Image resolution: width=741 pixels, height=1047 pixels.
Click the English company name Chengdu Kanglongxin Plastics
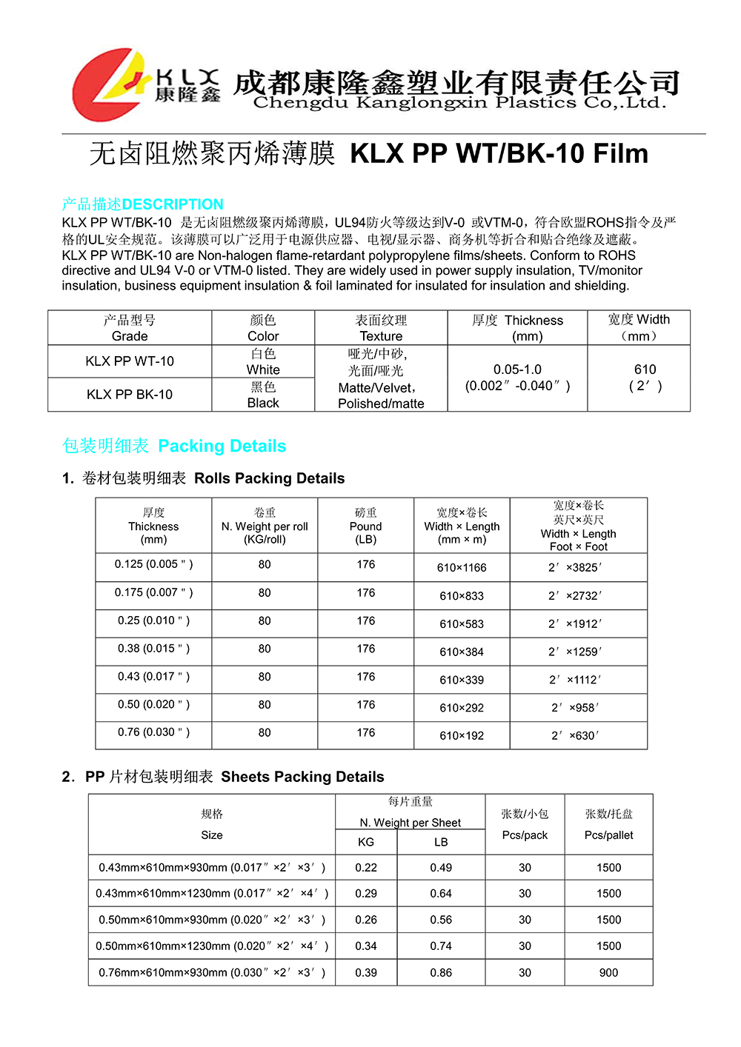click(459, 104)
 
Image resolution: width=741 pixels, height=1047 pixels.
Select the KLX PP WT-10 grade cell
click(130, 361)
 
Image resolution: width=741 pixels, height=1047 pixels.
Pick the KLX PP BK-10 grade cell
click(130, 395)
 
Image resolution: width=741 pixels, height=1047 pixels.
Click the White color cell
click(263, 362)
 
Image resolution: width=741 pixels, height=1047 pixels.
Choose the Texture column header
click(381, 328)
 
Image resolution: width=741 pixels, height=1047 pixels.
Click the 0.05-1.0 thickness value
click(517, 369)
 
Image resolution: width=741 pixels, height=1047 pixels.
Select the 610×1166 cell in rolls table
click(462, 568)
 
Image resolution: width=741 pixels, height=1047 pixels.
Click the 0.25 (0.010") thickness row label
click(153, 620)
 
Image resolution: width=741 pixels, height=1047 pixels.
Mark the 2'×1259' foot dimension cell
click(575, 652)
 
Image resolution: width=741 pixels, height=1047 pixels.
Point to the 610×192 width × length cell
click(462, 736)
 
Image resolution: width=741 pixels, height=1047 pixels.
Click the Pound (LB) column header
click(366, 526)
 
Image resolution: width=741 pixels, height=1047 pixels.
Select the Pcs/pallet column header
click(608, 825)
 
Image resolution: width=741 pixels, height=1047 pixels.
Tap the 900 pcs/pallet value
click(608, 973)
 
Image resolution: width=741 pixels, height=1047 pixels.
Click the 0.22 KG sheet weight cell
click(366, 868)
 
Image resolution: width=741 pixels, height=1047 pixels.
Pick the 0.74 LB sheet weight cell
click(441, 946)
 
